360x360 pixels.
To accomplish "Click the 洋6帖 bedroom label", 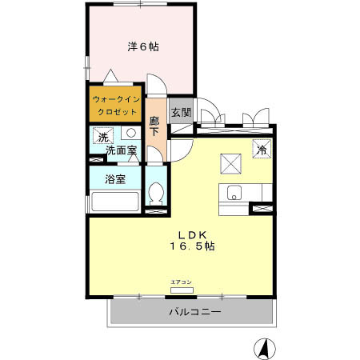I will (142, 46).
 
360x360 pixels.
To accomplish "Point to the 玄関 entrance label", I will (180, 113).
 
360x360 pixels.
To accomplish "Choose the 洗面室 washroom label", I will (116, 150).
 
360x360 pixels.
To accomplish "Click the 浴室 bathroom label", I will (115, 179).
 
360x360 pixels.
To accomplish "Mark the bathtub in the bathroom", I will (115, 201).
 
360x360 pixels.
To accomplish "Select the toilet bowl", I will (157, 193).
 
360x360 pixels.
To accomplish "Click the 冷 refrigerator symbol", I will (262, 147).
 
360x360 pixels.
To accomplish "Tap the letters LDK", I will (192, 234).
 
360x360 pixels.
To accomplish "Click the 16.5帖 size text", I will (192, 246).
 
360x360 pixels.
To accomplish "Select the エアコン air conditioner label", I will (181, 282).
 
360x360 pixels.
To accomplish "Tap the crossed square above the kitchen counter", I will (232, 163).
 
